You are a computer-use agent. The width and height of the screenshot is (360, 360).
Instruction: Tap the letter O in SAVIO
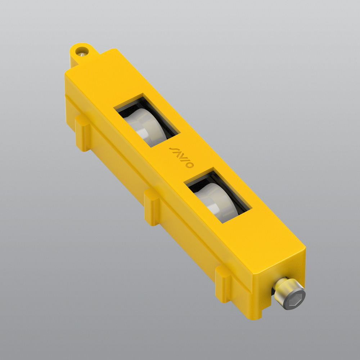[191, 166]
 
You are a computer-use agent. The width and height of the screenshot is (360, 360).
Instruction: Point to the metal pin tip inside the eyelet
[83, 54]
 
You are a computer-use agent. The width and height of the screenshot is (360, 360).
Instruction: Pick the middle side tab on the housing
[152, 208]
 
